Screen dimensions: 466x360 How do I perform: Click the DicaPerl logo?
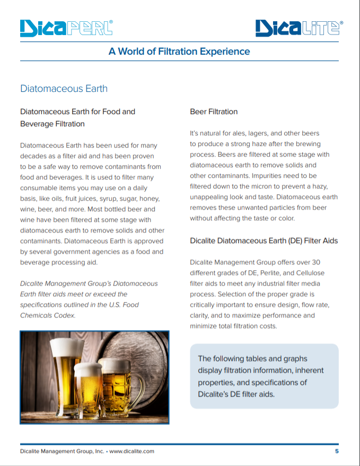[66, 27]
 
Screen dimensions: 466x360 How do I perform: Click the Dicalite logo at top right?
[298, 28]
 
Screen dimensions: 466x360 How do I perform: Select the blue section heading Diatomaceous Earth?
[64, 88]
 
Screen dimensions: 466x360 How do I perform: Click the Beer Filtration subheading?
[214, 111]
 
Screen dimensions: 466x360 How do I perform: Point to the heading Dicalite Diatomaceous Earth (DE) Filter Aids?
[264, 240]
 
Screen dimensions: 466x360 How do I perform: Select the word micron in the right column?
[265, 186]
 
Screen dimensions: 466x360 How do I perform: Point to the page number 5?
[336, 451]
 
